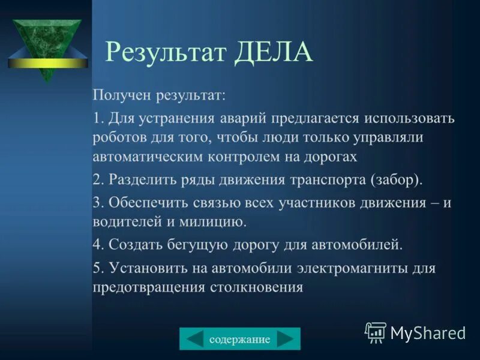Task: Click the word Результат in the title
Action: [166, 53]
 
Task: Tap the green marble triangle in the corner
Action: [47, 39]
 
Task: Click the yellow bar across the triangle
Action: [47, 62]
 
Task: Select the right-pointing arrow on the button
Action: [286, 340]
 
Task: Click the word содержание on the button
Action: [240, 340]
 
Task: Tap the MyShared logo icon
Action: [376, 332]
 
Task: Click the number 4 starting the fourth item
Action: [96, 244]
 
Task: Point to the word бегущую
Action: [190, 244]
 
